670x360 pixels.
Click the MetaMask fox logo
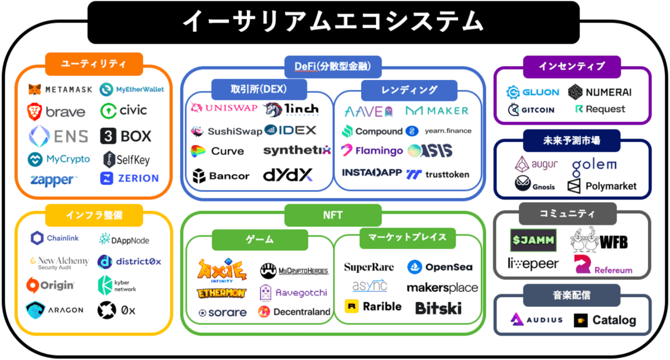(x=35, y=89)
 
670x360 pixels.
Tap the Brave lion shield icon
(x=35, y=112)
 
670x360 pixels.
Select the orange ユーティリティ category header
(x=94, y=64)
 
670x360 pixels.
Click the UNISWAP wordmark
(x=231, y=108)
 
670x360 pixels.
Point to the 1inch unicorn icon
(x=272, y=109)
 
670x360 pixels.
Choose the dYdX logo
(x=288, y=175)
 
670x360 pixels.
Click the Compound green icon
(x=348, y=131)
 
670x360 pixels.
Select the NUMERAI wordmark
(x=609, y=93)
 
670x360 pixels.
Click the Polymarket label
(x=611, y=186)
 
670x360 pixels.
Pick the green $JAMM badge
(x=533, y=240)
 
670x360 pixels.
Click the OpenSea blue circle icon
(x=415, y=267)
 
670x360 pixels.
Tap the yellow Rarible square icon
(x=352, y=306)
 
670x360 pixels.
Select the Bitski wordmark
(x=439, y=308)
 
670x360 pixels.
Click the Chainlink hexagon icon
(x=37, y=238)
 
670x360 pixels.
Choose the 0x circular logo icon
(x=107, y=310)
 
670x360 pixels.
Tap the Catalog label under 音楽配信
(x=615, y=320)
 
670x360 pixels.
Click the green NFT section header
(x=333, y=215)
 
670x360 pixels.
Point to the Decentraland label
(x=302, y=312)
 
